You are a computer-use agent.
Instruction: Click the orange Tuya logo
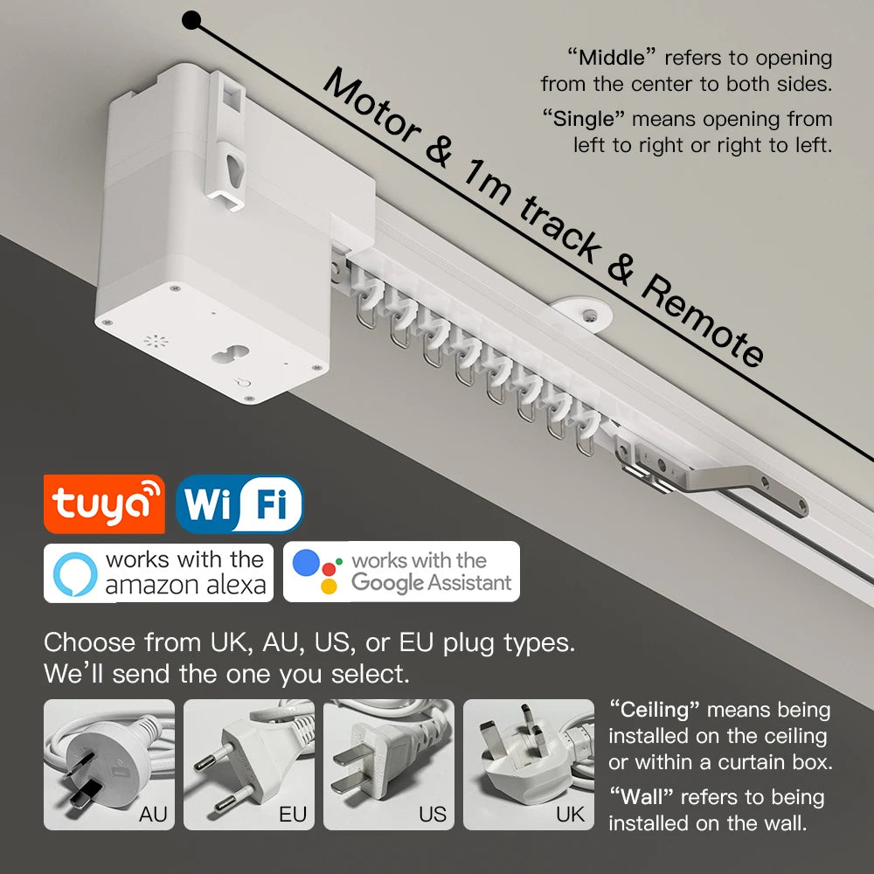click(x=104, y=504)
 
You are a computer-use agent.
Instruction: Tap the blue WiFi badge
click(x=239, y=504)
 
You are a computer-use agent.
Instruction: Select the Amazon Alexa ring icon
click(x=75, y=573)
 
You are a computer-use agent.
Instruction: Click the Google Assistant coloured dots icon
click(x=316, y=572)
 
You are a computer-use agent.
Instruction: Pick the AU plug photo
click(x=109, y=765)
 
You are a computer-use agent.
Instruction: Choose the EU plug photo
click(x=249, y=765)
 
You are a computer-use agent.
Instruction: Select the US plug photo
click(x=389, y=765)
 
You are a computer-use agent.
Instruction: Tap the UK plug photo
click(x=529, y=765)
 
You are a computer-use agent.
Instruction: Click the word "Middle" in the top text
click(x=612, y=58)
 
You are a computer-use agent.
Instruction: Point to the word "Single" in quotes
click(x=584, y=119)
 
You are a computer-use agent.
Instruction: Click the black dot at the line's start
click(x=191, y=21)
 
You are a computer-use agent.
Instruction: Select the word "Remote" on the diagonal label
click(x=704, y=319)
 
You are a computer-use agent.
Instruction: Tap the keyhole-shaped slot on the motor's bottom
click(x=230, y=355)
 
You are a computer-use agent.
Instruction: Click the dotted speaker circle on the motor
click(x=156, y=341)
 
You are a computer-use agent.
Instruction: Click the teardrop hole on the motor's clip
click(x=235, y=170)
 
